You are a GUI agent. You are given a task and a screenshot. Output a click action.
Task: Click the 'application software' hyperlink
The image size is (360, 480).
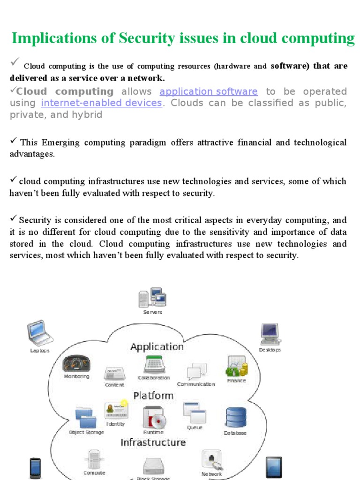tap(209, 91)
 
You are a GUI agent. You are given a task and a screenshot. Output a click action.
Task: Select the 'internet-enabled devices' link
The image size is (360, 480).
tap(101, 103)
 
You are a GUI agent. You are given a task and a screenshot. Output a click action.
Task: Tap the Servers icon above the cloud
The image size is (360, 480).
tap(152, 298)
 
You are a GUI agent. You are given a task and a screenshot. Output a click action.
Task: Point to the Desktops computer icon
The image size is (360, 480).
tap(270, 334)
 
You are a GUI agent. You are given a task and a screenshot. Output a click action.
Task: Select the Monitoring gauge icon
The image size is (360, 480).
tap(76, 363)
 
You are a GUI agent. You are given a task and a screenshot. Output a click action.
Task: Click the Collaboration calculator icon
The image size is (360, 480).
tap(153, 364)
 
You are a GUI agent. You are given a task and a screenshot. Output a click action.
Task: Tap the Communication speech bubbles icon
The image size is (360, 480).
tap(196, 372)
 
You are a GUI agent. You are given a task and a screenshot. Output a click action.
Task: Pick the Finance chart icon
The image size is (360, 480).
tap(236, 366)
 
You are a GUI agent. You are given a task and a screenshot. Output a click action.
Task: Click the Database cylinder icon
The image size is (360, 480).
tap(235, 418)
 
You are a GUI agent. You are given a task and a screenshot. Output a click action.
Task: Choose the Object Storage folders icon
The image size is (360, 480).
tap(86, 417)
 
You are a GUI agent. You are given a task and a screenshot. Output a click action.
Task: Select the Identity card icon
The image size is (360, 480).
tap(116, 410)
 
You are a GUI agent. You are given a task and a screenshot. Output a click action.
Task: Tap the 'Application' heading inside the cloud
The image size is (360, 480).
tap(157, 347)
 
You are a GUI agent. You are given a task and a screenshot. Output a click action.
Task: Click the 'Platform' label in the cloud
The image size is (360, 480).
tap(153, 396)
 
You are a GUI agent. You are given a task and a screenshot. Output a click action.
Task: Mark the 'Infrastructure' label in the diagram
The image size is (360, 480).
tap(153, 442)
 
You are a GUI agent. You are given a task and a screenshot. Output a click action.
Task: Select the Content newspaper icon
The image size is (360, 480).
tap(114, 374)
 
